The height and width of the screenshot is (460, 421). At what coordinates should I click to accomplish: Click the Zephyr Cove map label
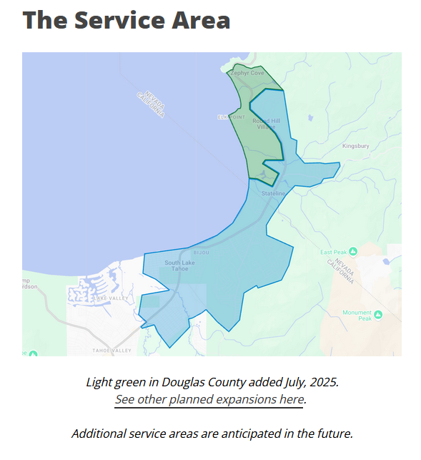[x=247, y=73]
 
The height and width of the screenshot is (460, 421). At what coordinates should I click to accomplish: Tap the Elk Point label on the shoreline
[x=231, y=117]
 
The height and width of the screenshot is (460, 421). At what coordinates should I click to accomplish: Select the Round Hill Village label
[x=266, y=124]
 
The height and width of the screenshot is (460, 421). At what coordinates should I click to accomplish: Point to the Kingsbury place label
[x=355, y=146]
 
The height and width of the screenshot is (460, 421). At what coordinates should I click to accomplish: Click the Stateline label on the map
[x=273, y=194]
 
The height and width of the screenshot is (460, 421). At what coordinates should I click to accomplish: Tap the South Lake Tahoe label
[x=179, y=266]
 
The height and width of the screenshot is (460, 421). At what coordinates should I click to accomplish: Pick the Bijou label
[x=201, y=253]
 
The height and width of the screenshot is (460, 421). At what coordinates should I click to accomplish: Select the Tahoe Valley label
[x=112, y=351]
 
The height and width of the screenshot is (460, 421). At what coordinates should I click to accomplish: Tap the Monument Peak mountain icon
[x=378, y=315]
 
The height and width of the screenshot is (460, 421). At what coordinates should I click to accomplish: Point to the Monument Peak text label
[x=357, y=315]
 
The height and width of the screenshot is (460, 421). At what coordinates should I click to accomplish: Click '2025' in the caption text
[x=323, y=382]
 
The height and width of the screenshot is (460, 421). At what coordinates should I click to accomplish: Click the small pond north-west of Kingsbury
[x=309, y=118]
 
